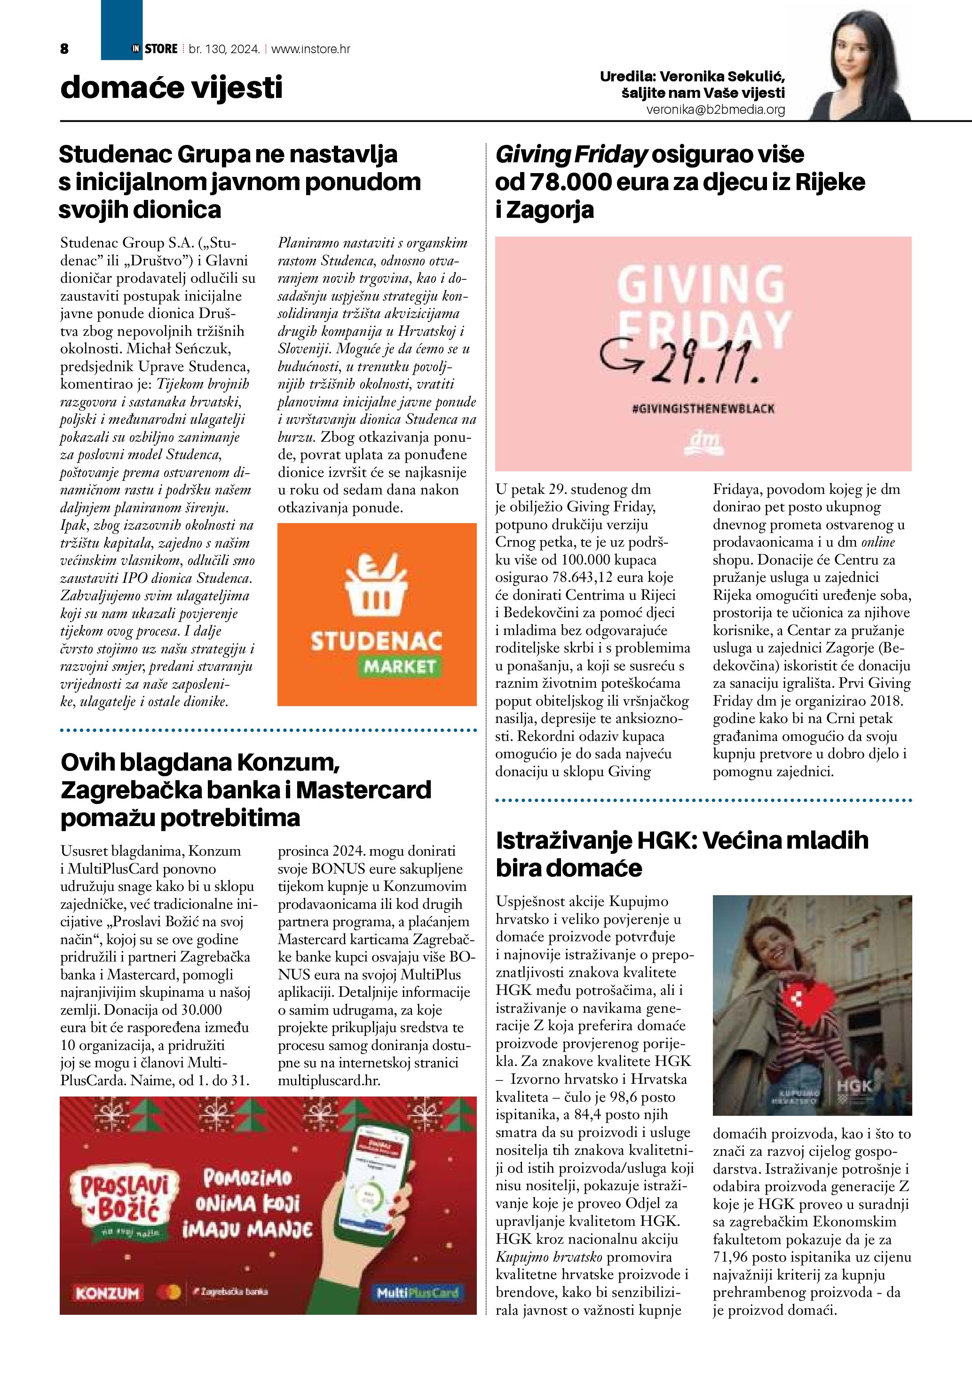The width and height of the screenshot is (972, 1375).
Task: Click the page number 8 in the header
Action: tap(64, 49)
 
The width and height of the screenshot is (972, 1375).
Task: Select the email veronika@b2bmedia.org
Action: tap(715, 110)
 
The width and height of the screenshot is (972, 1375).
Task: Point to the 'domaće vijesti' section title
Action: tap(171, 88)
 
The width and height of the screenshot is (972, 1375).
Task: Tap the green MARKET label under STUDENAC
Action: tap(400, 667)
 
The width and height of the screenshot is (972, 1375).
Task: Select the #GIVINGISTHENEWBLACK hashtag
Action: tap(703, 408)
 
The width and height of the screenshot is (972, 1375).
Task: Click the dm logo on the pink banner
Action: tap(703, 443)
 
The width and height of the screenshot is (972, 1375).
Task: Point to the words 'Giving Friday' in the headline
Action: tap(571, 154)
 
